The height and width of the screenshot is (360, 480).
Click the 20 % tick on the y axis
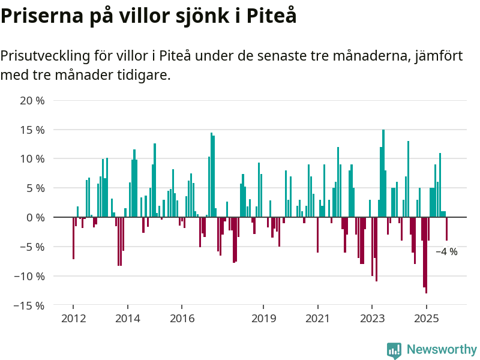tap(32, 100)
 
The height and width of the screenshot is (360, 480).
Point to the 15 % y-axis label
tap(32, 130)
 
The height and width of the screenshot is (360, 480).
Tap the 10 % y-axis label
tap(32, 159)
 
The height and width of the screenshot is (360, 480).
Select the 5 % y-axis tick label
tap(35, 188)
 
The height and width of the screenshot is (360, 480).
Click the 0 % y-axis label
tap(35, 217)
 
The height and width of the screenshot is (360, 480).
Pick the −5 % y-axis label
tap(31, 247)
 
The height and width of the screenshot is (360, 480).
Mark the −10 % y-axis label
tap(29, 276)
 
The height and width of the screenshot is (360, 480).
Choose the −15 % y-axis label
tap(29, 305)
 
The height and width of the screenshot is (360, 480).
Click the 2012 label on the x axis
tap(73, 317)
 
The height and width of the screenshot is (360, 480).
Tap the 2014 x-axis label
tap(128, 317)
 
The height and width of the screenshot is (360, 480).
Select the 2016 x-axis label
tap(182, 317)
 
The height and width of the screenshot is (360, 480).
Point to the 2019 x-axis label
tap(263, 317)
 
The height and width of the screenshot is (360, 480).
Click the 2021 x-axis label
tap(317, 317)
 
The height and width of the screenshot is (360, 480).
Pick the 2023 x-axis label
tap(372, 317)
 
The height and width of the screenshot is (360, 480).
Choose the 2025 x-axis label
tap(426, 317)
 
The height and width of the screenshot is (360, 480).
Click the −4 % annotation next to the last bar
tap(446, 252)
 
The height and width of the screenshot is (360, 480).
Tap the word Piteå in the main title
tap(268, 16)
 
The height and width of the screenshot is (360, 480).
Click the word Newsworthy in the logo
tap(442, 349)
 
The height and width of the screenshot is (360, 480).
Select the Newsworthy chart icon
tap(394, 350)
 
